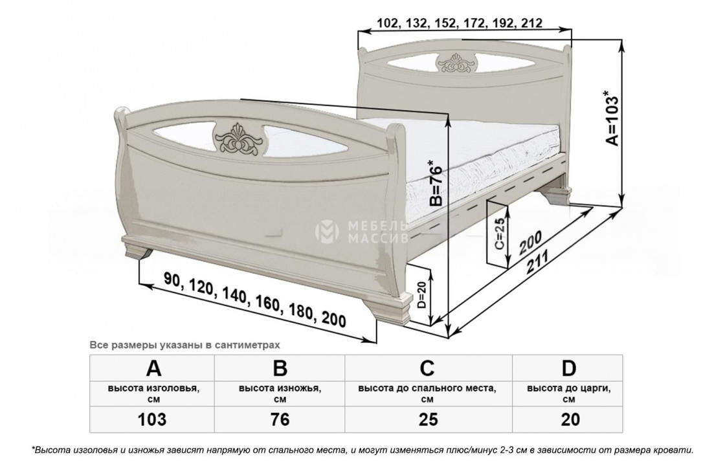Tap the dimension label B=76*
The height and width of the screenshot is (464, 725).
(x=436, y=183)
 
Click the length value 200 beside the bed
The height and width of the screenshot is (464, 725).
(x=530, y=241)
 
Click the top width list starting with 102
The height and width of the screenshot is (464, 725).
(x=460, y=23)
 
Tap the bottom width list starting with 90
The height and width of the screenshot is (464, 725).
(x=254, y=299)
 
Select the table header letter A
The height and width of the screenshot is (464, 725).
(x=153, y=368)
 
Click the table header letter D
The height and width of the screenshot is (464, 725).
(x=569, y=368)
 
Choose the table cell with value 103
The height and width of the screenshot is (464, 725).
(x=152, y=419)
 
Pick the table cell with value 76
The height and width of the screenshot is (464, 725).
(x=280, y=419)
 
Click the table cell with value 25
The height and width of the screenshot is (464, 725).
(x=428, y=419)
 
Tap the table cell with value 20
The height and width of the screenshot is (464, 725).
(x=570, y=419)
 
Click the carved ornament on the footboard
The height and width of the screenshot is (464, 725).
(x=239, y=139)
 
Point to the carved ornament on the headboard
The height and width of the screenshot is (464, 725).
(x=454, y=64)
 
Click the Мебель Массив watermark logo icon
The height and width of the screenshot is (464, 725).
(x=327, y=232)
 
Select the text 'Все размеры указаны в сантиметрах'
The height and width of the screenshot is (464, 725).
(x=185, y=345)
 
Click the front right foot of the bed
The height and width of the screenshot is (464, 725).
(x=392, y=308)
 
